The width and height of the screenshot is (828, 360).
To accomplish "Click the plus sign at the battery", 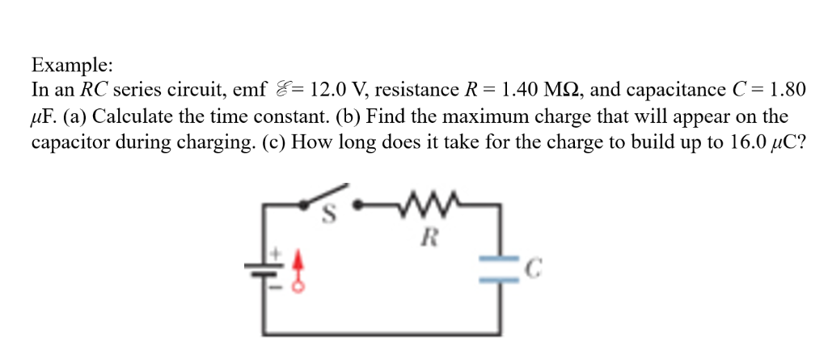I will coord(274,254).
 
